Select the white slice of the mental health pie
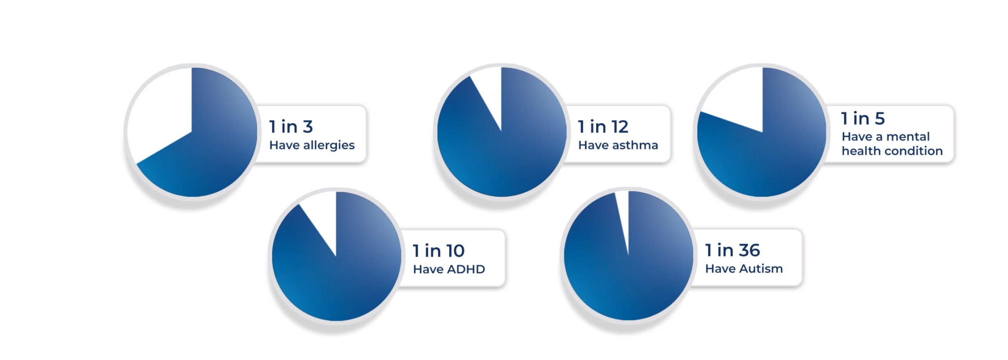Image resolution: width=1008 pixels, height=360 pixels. coord(736,98)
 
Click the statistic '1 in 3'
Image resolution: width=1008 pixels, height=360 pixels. coord(291,127)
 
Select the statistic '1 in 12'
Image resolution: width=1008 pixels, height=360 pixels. coord(603,127)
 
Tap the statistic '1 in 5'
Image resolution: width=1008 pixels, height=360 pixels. coord(863,119)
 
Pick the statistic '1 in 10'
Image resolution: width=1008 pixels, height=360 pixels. coord(439,251)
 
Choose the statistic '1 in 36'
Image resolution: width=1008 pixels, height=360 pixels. coord(732,250)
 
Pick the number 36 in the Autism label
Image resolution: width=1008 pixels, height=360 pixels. coord(749,250)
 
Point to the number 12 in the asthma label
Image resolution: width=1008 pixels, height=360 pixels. coord(618,127)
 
